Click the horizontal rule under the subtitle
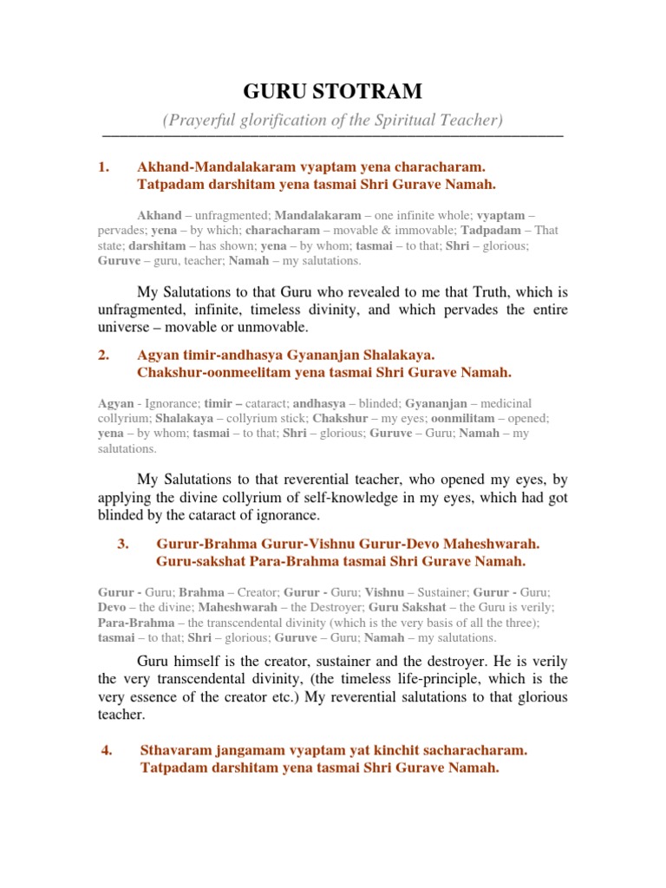point(333,136)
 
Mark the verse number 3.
point(122,544)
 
